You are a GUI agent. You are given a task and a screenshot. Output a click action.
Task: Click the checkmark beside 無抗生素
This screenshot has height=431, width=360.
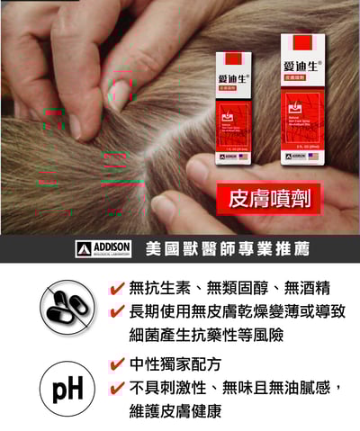point(117,289)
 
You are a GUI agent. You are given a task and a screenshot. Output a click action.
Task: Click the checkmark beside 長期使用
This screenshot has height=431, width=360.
point(117,312)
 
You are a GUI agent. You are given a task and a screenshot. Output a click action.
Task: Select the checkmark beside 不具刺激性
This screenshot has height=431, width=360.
point(117,388)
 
